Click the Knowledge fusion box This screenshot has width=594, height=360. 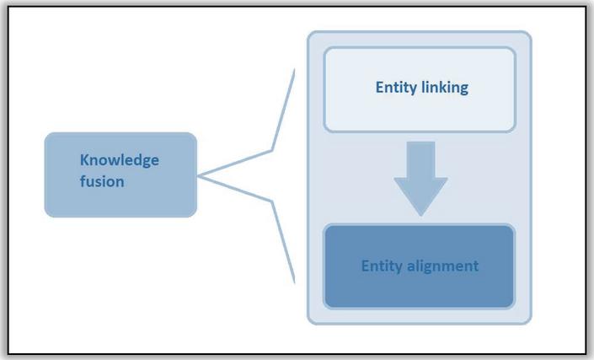(x=120, y=175)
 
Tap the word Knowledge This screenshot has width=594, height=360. (x=119, y=159)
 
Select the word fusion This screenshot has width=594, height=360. (x=102, y=180)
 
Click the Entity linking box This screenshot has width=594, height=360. (x=419, y=89)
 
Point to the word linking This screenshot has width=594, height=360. (x=444, y=87)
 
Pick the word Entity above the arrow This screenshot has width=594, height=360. (x=395, y=87)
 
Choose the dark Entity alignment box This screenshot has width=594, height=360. (x=419, y=266)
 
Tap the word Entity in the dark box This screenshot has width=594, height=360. (x=381, y=266)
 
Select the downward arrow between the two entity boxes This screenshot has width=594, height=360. (x=419, y=179)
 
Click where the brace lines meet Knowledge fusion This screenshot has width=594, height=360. (x=200, y=175)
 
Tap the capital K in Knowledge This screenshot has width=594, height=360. (x=84, y=159)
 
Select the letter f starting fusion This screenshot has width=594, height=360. (x=83, y=180)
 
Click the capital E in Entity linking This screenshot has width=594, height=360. (x=378, y=87)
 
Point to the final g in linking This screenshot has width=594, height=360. (x=463, y=89)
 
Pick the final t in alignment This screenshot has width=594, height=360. (x=475, y=266)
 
